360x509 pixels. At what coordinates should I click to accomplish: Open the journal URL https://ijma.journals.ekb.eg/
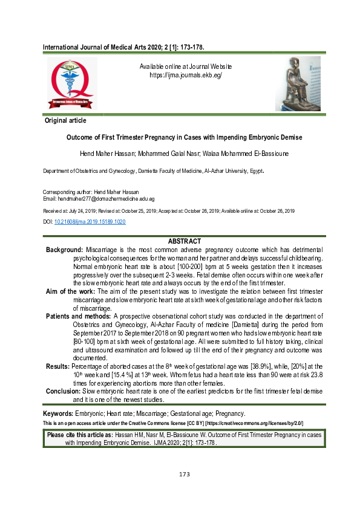click(x=186, y=76)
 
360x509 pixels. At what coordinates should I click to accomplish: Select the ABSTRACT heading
click(x=184, y=241)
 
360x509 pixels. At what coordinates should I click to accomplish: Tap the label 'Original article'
click(x=65, y=121)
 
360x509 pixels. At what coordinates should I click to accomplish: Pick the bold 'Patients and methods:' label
click(x=79, y=316)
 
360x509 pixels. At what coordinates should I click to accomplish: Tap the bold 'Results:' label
click(x=58, y=366)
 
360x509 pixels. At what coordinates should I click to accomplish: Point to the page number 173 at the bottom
click(x=185, y=473)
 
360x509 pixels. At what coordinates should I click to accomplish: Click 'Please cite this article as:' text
click(x=80, y=435)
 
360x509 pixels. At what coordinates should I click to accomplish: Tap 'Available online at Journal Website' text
click(x=186, y=66)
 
